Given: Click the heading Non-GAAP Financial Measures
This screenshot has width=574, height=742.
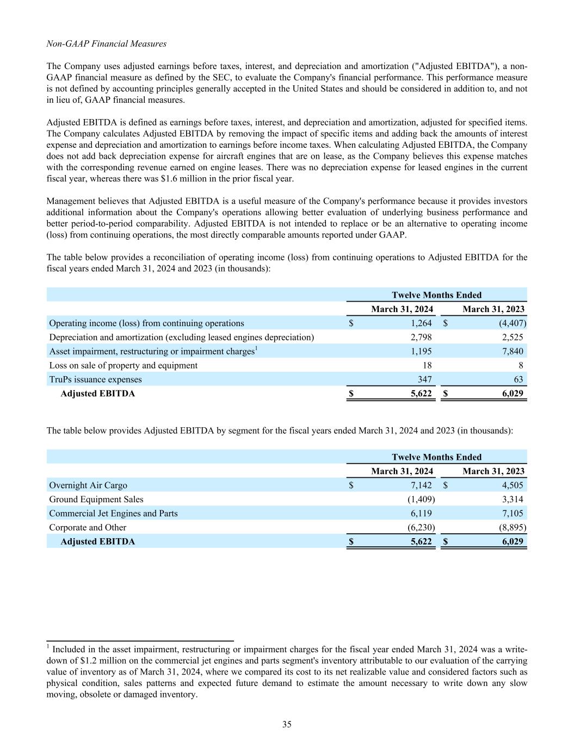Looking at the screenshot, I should pyautogui.click(x=107, y=43).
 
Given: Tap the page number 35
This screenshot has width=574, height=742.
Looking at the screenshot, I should pyautogui.click(x=287, y=724).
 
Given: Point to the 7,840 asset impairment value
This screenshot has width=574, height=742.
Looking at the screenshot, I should pyautogui.click(x=513, y=352).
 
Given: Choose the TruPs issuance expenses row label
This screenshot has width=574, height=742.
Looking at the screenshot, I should pyautogui.click(x=95, y=379).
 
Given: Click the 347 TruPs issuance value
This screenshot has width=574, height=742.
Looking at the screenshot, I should pyautogui.click(x=424, y=379).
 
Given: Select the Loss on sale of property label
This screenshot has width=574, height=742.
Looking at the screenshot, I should pyautogui.click(x=124, y=365).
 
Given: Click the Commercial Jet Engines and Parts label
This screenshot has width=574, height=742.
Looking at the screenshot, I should pyautogui.click(x=113, y=513).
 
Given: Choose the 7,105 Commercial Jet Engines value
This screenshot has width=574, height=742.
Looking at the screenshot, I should pyautogui.click(x=513, y=513).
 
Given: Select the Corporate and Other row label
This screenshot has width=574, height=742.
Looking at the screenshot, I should pyautogui.click(x=88, y=527).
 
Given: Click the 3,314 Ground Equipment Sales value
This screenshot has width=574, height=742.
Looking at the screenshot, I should pyautogui.click(x=513, y=499).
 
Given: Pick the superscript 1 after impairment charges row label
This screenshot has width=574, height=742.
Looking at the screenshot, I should pyautogui.click(x=256, y=349).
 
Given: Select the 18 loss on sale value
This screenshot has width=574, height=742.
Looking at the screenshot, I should pyautogui.click(x=427, y=365).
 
